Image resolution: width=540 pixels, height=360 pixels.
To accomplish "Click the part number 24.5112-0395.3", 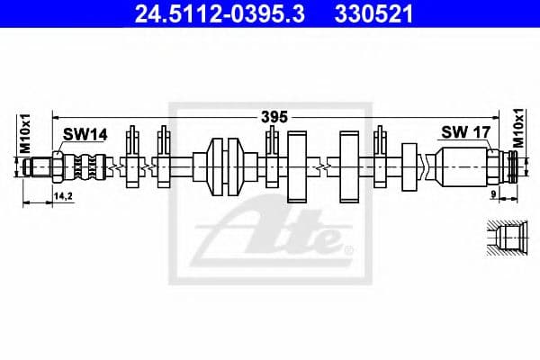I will [196, 14].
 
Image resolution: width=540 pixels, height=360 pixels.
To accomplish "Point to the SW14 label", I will [85, 134].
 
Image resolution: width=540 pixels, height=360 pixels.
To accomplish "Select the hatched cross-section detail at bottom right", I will [508, 240].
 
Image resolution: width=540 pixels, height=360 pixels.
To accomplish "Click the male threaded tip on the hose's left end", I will [40, 166].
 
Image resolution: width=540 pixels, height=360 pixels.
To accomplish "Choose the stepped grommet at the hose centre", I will [225, 166].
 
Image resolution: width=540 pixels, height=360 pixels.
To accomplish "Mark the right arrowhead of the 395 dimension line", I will [512, 116].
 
